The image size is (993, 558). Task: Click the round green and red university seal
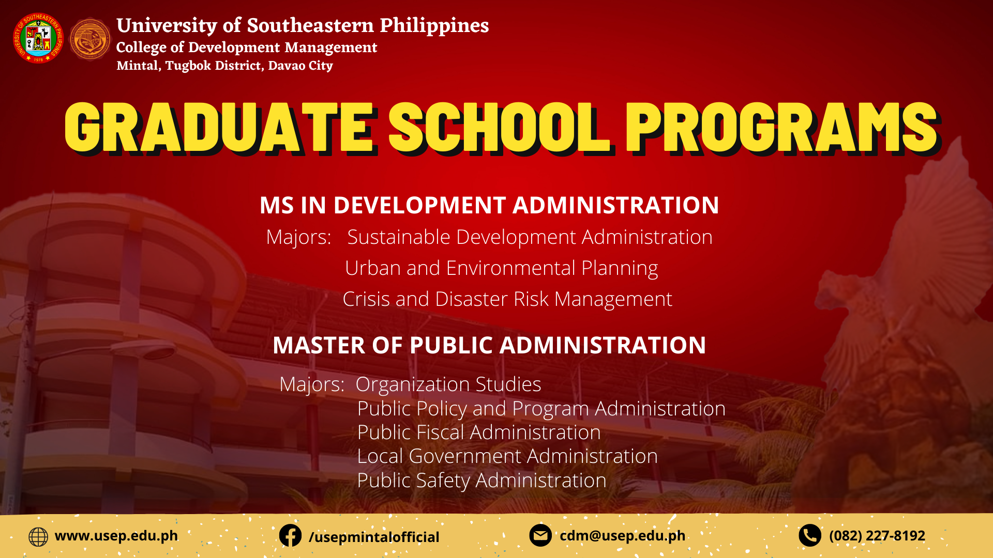pos(38,38)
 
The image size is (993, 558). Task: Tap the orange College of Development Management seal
pos(90,39)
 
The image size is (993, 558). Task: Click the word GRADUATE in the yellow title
pos(219,128)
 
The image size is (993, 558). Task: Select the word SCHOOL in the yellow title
pos(500,128)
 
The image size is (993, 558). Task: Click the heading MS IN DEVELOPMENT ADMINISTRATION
pos(489,205)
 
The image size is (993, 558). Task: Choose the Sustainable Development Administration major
pos(530,237)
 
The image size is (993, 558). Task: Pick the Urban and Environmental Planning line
pos(501,268)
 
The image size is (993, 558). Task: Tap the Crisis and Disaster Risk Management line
pos(507,299)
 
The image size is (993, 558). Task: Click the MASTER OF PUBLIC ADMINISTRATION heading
pos(489,345)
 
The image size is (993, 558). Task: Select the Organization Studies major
pos(448,384)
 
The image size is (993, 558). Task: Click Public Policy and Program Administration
pos(541,409)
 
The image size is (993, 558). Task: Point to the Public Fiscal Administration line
pos(479,432)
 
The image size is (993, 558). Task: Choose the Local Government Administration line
pos(507,456)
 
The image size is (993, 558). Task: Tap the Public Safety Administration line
pos(482,481)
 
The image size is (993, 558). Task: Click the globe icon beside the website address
pos(38,537)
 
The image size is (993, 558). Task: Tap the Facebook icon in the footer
pos(290,536)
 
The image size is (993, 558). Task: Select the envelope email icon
pos(540,535)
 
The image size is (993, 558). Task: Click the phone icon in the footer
pos(810,535)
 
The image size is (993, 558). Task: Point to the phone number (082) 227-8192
pos(877,536)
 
